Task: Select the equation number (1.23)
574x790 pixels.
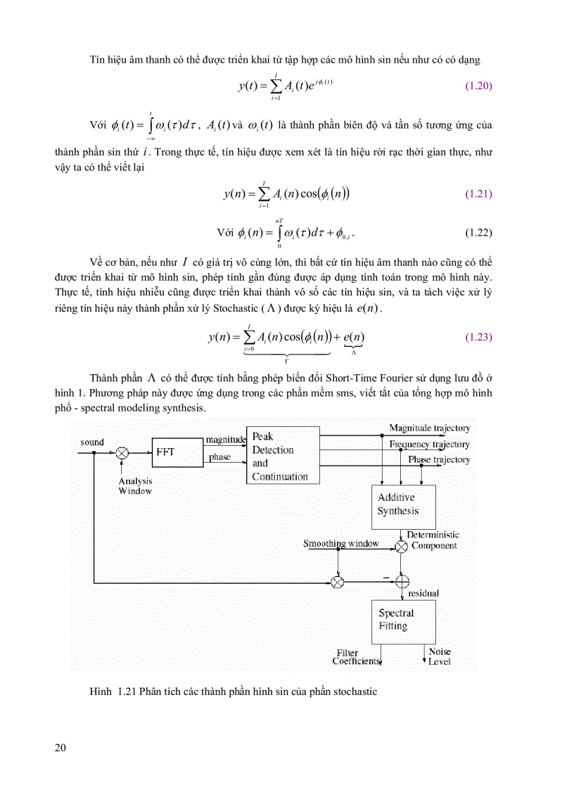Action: (x=478, y=337)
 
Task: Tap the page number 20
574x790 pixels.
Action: (x=60, y=747)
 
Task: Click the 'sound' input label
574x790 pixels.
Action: (x=92, y=442)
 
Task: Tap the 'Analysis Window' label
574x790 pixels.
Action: (x=135, y=486)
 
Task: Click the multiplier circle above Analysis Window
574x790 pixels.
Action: (x=122, y=454)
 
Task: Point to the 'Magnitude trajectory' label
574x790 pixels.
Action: (x=429, y=428)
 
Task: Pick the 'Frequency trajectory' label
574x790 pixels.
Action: (x=429, y=444)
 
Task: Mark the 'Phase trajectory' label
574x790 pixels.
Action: (x=438, y=459)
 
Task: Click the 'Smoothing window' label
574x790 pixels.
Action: (x=340, y=543)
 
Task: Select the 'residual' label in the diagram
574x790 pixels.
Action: (x=423, y=593)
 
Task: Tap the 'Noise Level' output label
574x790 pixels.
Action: (x=440, y=657)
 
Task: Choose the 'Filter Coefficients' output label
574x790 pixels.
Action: (x=357, y=657)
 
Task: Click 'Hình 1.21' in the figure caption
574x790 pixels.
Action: (x=112, y=692)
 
